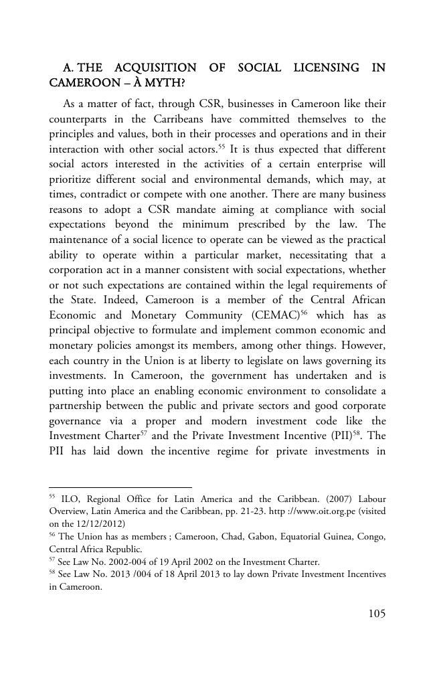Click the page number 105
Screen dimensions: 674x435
pos(377,614)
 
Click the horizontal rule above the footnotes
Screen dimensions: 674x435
pos(120,487)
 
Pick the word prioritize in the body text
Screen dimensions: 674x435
pos(73,179)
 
